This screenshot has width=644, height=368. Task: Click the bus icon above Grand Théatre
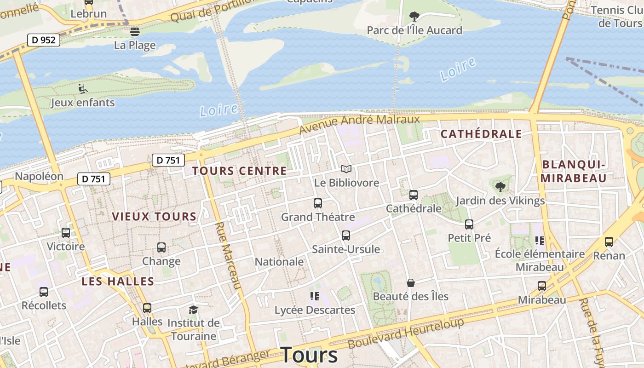(x=317, y=203)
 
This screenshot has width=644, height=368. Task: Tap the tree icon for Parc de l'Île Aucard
(x=414, y=17)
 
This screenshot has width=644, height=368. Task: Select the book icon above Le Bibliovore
(x=346, y=169)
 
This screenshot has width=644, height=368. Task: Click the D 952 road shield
(x=44, y=40)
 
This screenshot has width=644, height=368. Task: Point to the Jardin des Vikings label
(x=500, y=201)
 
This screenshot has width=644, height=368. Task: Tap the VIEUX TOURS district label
(x=154, y=216)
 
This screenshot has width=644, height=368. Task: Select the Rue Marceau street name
(x=229, y=256)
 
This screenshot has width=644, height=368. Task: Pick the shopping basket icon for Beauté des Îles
(x=410, y=283)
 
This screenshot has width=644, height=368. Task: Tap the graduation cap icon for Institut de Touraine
(x=193, y=310)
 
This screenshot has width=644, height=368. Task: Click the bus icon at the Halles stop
(x=147, y=308)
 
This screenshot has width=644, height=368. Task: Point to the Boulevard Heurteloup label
(x=406, y=333)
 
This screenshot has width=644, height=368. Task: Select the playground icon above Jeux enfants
(x=83, y=88)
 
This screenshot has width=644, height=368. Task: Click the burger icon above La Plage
(x=134, y=31)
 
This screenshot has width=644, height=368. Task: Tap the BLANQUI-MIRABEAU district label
(x=573, y=171)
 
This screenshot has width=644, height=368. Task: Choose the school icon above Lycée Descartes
(x=315, y=296)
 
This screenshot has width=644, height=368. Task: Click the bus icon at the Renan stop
(x=609, y=241)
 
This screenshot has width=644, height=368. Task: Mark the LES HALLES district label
(x=118, y=282)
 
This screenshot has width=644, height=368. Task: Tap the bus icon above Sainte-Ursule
(x=346, y=236)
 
